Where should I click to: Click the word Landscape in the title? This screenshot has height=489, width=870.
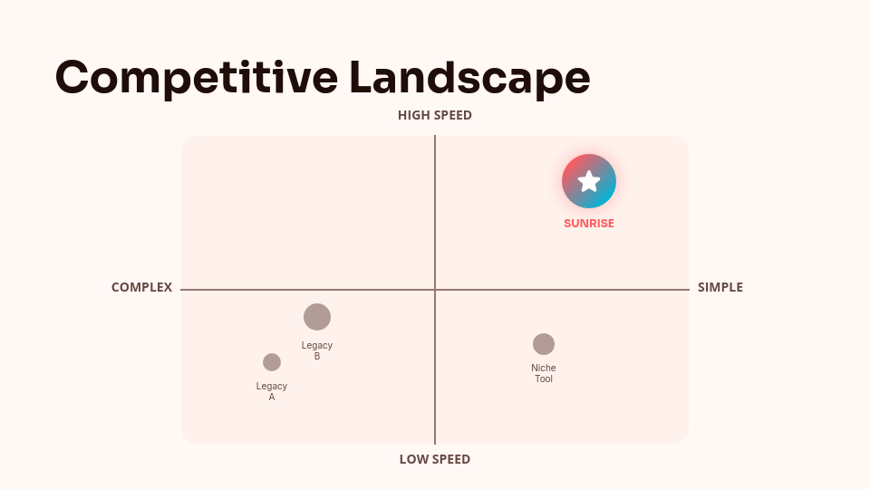(469, 77)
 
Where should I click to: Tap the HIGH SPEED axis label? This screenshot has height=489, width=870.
(435, 115)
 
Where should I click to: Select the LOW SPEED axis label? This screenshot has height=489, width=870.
(435, 459)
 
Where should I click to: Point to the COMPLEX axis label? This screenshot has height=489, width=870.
(141, 287)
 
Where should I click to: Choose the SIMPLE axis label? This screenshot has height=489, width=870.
(720, 287)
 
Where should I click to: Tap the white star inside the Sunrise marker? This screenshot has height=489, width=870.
(589, 181)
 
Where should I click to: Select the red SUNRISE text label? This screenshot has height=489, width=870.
(589, 224)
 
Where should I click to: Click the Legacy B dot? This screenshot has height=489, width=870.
(317, 317)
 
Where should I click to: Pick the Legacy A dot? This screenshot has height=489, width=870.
(272, 362)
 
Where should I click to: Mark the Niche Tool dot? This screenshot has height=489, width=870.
(544, 344)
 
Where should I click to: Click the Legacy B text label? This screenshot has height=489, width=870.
(317, 350)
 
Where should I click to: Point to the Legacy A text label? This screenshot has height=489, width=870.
(272, 391)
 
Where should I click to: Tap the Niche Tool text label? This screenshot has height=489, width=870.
(544, 373)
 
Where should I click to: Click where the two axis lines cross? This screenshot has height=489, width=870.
(435, 290)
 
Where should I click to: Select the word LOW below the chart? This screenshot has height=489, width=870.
(413, 459)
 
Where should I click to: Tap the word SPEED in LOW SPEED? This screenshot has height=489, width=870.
(451, 459)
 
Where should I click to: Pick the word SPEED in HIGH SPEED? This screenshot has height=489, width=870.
(453, 115)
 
